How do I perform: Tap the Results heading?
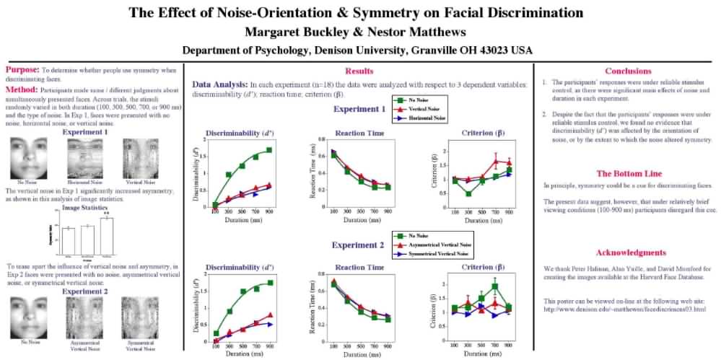359,71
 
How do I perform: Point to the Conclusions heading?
628,71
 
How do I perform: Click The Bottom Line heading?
628,173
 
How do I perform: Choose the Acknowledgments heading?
630,253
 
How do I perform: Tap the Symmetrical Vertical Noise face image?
139,315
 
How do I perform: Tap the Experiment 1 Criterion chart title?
476,132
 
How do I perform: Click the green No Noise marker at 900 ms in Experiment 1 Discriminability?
269,150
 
